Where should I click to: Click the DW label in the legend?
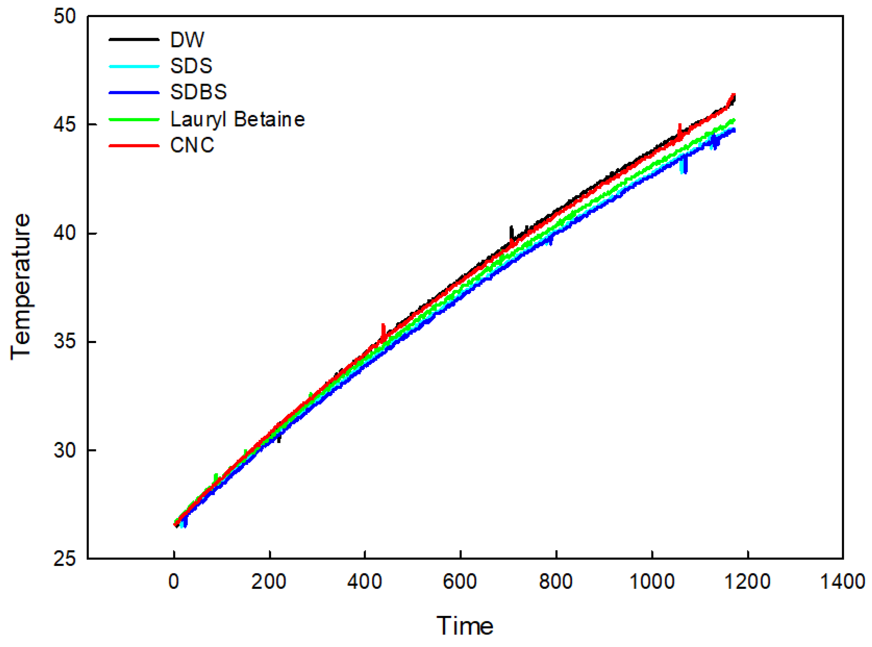(x=187, y=39)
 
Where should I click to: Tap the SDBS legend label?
(x=198, y=92)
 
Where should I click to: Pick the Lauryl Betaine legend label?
(x=237, y=119)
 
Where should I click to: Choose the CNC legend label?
(x=192, y=145)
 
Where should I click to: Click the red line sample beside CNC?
(x=134, y=145)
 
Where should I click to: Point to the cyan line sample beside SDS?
(x=134, y=66)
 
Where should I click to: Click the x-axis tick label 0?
(x=174, y=582)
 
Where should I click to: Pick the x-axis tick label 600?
(x=460, y=582)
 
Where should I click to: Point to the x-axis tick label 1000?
(x=652, y=582)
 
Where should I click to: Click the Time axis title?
(x=465, y=626)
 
